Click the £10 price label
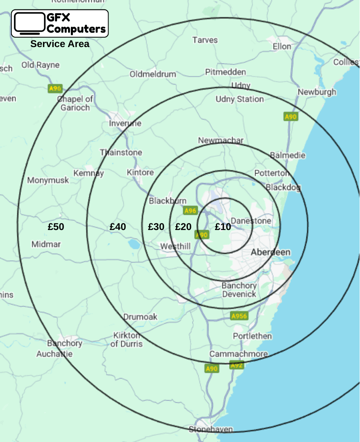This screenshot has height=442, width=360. pos(223,226)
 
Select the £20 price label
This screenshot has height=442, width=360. pos(183,226)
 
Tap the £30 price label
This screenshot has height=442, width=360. pos(156,226)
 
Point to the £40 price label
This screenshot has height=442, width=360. pos(118,226)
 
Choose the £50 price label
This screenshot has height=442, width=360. pos(56,226)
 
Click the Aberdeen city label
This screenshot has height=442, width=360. pos(270,252)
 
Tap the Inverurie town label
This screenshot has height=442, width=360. pos(125,123)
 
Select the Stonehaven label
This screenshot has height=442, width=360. pos(211,429)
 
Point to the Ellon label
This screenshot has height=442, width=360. pos(282,46)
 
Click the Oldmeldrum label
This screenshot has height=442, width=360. pos(153,74)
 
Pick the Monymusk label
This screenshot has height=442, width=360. pos(48,180)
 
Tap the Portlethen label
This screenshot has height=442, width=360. pos(252,336)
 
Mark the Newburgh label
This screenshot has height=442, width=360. pos(317,92)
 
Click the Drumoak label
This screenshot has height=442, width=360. pos(140,317)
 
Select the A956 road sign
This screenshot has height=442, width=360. pos(239,316)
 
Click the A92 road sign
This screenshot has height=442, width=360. pos(237,365)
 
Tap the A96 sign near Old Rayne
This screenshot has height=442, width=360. pos(55,88)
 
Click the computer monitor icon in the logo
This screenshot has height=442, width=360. pos(29,23)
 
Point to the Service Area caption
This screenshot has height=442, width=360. pos(60,44)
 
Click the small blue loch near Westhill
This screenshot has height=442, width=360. pos(134,244)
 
